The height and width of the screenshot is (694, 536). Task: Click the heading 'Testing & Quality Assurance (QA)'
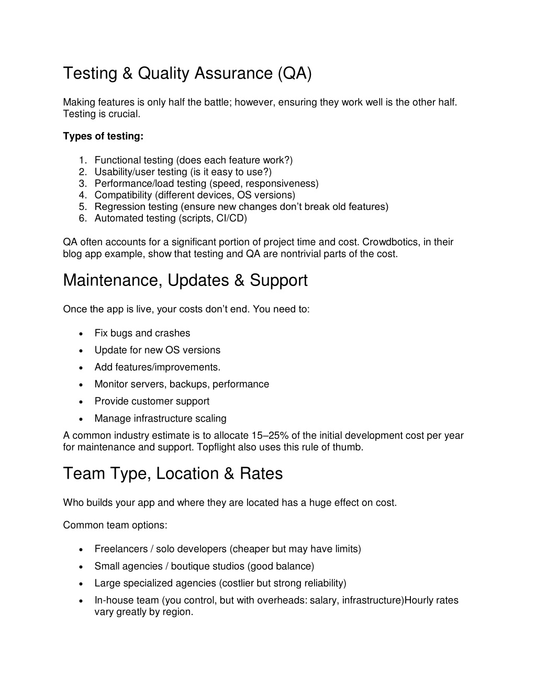click(x=187, y=73)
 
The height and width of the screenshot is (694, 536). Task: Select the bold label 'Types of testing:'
click(x=103, y=136)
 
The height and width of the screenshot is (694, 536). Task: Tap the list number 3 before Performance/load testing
click(x=83, y=183)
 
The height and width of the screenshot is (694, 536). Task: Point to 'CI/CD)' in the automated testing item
click(x=231, y=218)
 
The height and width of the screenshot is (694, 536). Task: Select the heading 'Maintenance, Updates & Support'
click(x=185, y=281)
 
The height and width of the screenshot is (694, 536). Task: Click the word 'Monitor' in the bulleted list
click(x=111, y=384)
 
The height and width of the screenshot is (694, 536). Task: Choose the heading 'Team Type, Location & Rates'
click(x=172, y=473)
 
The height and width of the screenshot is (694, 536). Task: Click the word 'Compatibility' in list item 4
click(x=123, y=195)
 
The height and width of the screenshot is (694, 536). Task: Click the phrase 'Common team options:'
click(x=115, y=525)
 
